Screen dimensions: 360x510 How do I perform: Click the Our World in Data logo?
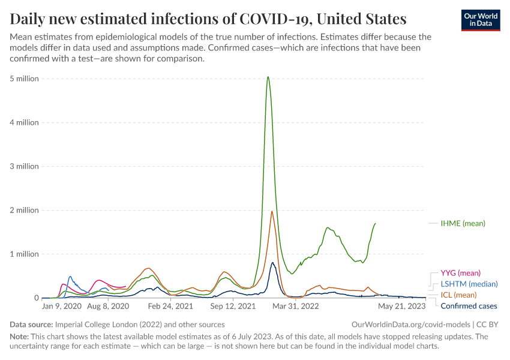(480, 19)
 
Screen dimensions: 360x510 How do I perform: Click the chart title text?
(208, 19)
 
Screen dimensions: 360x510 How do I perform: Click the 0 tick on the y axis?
(36, 298)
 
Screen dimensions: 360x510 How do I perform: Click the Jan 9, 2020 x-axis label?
(62, 306)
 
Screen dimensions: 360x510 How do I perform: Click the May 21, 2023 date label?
(401, 306)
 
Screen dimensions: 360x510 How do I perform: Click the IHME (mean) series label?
(463, 223)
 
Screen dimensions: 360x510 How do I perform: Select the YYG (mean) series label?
(460, 273)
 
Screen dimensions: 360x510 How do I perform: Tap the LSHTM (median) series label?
(469, 284)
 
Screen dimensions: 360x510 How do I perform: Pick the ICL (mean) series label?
(458, 295)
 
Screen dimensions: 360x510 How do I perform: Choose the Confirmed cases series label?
(469, 306)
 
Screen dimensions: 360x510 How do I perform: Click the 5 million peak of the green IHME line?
(268, 77)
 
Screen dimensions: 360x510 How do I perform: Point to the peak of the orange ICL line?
(272, 211)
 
